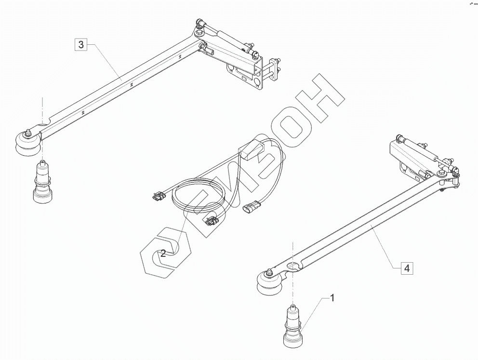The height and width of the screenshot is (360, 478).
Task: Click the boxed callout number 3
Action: pos(81,45)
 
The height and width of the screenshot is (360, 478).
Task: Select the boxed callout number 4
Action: pos(407,268)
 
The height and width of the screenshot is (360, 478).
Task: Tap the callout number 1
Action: pos(332,298)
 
